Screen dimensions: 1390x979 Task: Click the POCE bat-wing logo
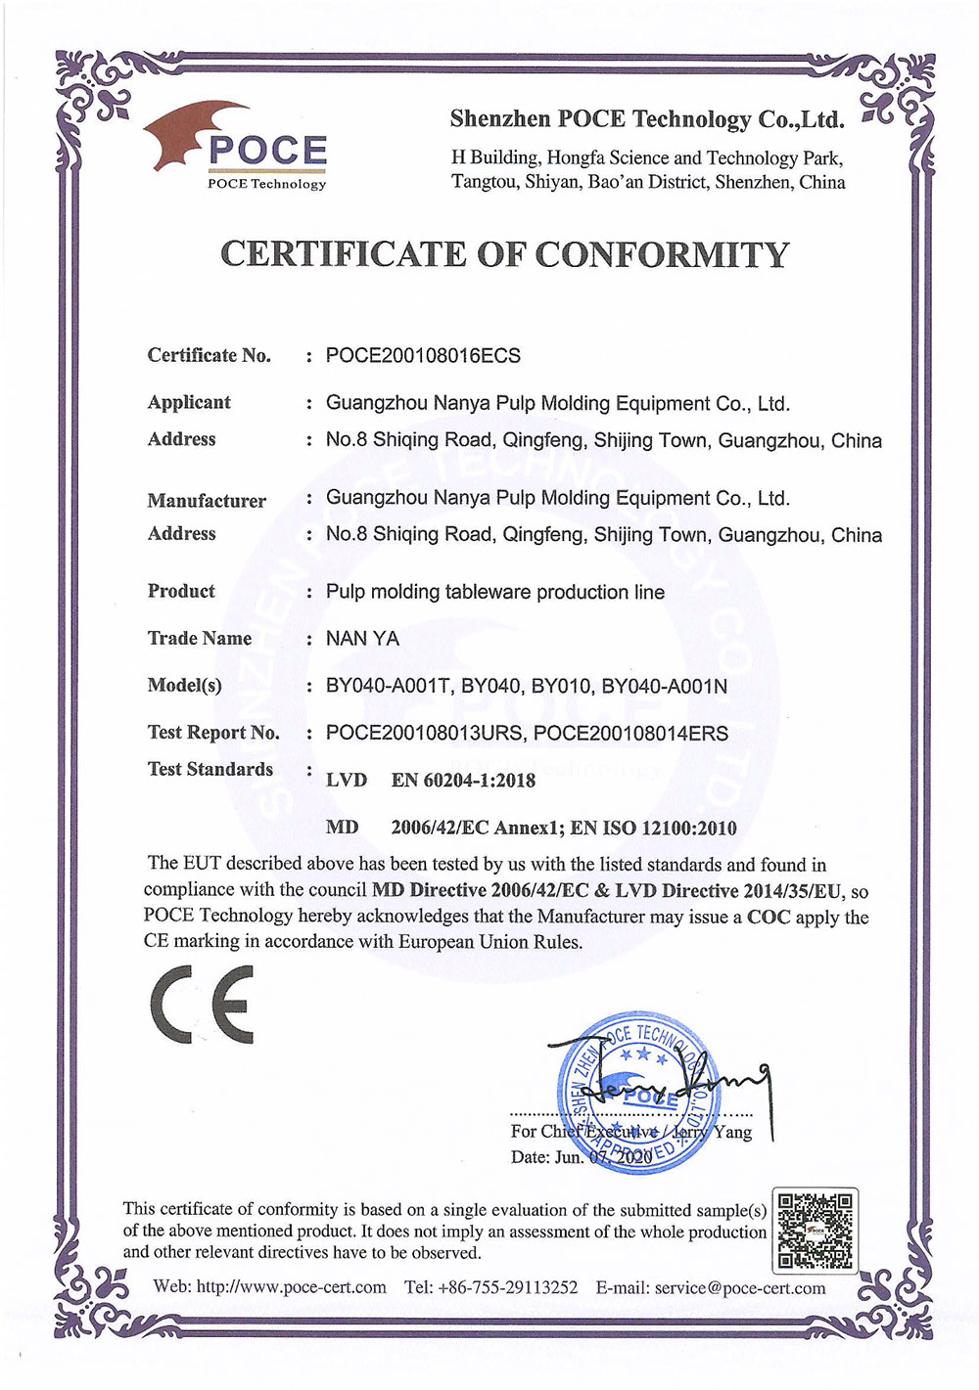tap(235, 147)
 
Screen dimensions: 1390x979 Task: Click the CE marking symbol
tap(202, 1005)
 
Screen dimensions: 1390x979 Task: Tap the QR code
tap(815, 1231)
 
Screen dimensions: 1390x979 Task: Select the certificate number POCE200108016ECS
tap(423, 356)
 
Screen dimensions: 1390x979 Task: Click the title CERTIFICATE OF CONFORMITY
tap(504, 254)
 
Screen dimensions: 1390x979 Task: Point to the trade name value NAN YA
tap(362, 639)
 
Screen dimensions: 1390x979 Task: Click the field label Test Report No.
tap(213, 733)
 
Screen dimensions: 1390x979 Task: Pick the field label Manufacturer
tap(207, 501)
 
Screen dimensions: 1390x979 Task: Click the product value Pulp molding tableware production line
tap(494, 592)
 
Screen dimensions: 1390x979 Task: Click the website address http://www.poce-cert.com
tap(291, 1287)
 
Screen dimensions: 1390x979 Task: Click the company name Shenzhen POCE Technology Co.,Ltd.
tap(647, 120)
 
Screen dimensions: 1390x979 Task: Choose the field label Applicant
tap(189, 402)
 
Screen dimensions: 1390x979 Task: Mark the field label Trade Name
tap(200, 639)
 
